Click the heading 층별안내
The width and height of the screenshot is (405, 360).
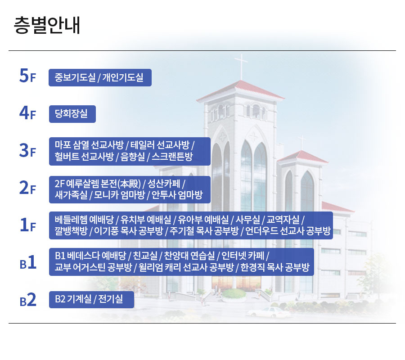coord(47,25)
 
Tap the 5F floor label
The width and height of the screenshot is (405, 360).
coord(27,76)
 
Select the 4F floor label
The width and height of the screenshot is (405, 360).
coord(27,113)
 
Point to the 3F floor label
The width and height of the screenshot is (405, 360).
coord(27,150)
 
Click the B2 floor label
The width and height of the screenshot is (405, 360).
coord(28,300)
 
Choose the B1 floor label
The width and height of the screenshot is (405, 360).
coord(28,262)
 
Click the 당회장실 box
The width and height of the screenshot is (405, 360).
coord(72,114)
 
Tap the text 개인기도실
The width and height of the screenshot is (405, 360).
coord(123,77)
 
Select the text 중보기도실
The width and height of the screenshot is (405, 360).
coord(75,77)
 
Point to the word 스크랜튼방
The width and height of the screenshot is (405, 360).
coord(172,157)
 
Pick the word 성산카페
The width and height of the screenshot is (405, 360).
coord(164,184)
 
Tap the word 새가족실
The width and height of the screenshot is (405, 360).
coord(71,195)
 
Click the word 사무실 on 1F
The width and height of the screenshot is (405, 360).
coord(247,220)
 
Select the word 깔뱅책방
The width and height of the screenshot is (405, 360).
coord(71,230)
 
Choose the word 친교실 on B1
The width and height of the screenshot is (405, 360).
coord(145,256)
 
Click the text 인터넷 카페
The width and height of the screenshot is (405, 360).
coord(243,256)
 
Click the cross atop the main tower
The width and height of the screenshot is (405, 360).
coord(241,66)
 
